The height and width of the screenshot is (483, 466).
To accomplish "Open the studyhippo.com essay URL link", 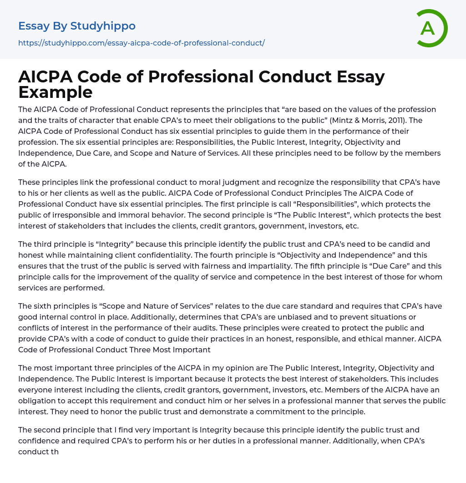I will [x=141, y=43].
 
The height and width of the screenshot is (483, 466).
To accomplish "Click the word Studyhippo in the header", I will [x=103, y=26].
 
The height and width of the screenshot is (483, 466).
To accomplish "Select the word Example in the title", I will [x=56, y=92].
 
